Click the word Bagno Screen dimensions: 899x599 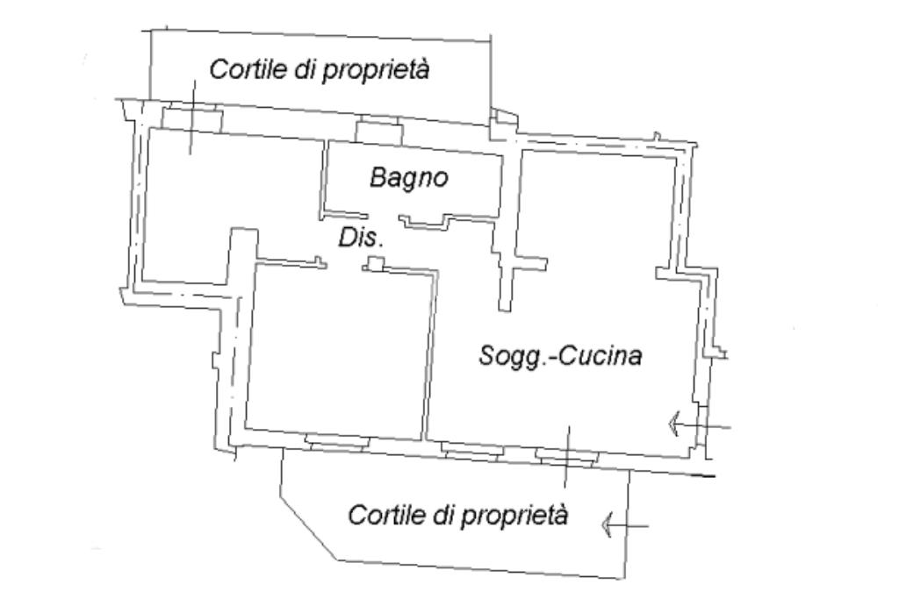[x=408, y=178]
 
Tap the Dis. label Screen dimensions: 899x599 [x=362, y=238]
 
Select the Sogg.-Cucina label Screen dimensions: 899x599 [x=561, y=357]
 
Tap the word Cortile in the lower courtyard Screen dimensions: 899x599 [x=385, y=515]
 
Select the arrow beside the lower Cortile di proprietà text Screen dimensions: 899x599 [x=624, y=525]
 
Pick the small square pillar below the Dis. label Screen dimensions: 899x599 [x=376, y=264]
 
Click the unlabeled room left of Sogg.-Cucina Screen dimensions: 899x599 [x=338, y=351]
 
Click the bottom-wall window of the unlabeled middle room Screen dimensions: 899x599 [x=333, y=440]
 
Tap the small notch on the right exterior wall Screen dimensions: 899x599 [x=723, y=353]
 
